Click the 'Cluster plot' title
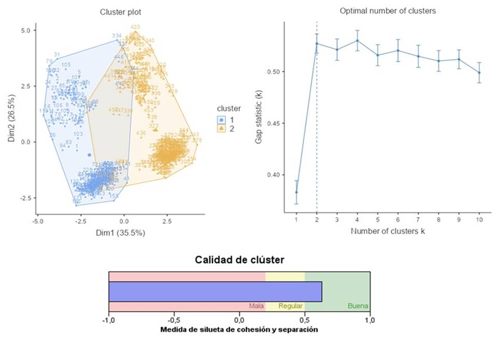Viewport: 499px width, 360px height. click(120, 12)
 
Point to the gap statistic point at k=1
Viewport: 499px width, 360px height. click(296, 192)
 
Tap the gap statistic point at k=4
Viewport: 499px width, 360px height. click(358, 40)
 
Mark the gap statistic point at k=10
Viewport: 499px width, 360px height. click(479, 73)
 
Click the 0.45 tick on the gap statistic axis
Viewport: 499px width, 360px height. click(274, 123)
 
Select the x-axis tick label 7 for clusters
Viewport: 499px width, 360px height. click(418, 220)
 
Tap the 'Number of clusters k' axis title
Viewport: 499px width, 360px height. click(388, 231)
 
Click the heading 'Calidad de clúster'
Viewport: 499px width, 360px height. click(239, 260)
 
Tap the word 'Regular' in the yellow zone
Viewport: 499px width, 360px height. click(290, 306)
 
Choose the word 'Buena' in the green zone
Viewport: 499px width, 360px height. click(358, 306)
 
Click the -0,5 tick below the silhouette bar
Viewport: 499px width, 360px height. click(174, 320)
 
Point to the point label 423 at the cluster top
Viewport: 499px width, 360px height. click(135, 27)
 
